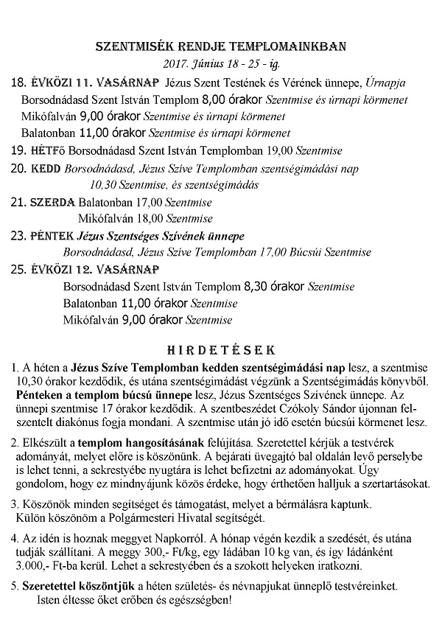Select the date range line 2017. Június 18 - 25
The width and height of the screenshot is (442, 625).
click(220, 63)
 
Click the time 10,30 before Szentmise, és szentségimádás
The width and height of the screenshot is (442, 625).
click(101, 184)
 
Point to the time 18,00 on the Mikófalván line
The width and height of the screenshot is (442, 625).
click(151, 218)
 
